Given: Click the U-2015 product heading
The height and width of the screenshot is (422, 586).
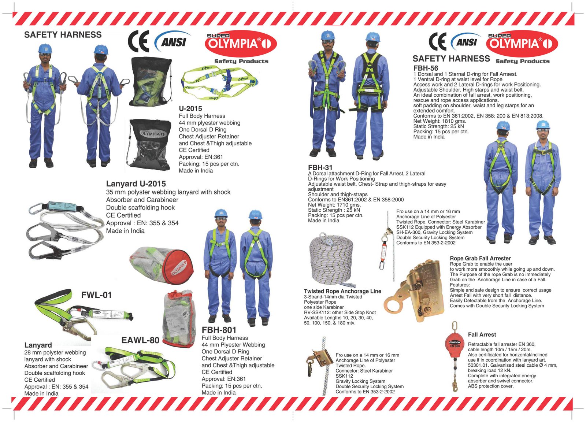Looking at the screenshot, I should point(190,108).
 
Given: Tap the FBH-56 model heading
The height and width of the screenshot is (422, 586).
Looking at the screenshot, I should point(426,68).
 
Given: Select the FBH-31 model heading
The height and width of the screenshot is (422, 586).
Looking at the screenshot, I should point(320,167).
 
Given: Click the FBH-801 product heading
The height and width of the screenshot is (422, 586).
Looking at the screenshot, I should point(219,330).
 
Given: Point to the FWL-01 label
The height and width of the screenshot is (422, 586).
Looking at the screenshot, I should point(96,295).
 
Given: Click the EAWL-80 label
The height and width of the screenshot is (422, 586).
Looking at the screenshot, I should point(140,340).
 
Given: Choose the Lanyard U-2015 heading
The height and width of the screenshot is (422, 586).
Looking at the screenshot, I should point(136,184).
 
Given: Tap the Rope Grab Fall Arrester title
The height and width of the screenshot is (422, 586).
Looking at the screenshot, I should point(480,258).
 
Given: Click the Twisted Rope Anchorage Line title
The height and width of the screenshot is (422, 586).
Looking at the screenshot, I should point(342,291).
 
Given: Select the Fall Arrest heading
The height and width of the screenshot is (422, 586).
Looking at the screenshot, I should point(482,334).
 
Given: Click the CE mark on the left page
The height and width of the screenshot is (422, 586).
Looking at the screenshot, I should point(138,42).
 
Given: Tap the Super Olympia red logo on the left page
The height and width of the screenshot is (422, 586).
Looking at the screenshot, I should point(241,44).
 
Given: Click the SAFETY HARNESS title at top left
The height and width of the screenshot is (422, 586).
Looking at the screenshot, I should point(63,35).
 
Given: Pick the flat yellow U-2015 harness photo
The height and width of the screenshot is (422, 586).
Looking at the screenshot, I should point(219,83).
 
